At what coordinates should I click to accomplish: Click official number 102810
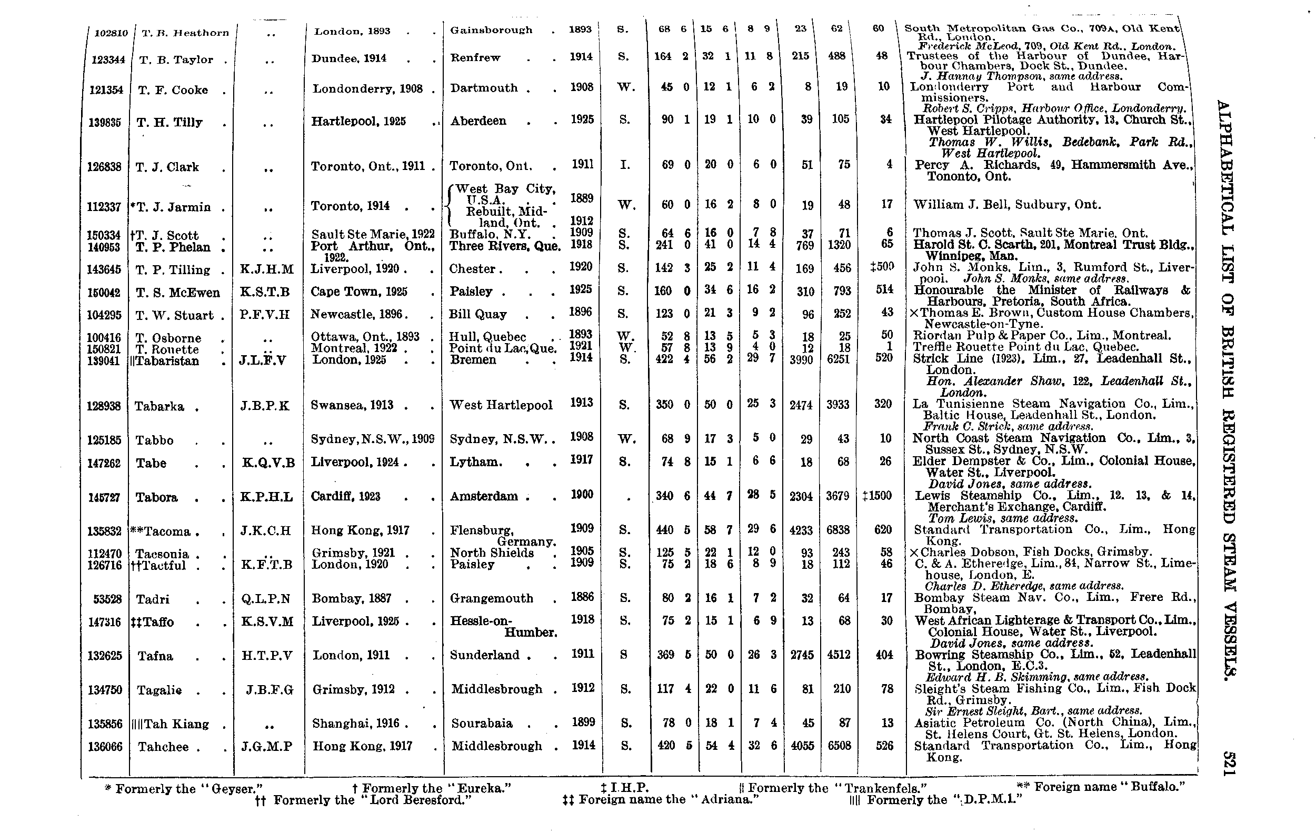point(111,33)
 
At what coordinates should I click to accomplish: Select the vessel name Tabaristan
point(167,361)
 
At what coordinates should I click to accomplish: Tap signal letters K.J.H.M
point(267,269)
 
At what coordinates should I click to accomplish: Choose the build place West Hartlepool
point(501,405)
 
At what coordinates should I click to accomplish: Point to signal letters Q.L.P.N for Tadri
point(266,599)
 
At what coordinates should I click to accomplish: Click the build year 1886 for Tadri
point(582,597)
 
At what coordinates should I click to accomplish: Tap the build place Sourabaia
point(482,724)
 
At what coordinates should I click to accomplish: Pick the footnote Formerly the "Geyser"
point(184,789)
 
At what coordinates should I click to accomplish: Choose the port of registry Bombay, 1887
point(352,599)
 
